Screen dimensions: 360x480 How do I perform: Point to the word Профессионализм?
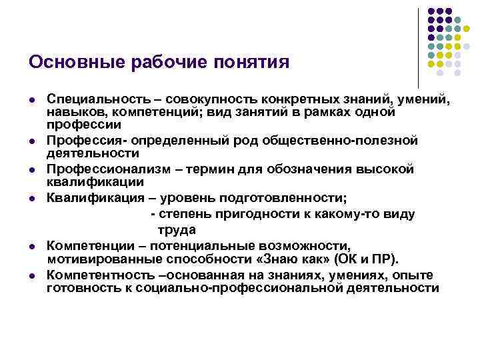point(101,169)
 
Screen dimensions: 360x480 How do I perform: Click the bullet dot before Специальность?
point(33,100)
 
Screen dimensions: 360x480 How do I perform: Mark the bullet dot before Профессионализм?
point(33,170)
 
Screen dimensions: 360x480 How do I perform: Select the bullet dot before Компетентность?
point(33,276)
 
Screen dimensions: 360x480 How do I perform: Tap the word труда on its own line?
point(177,230)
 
